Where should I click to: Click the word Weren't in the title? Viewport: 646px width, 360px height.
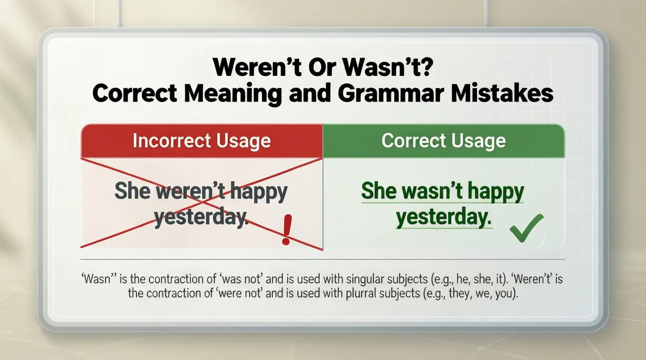(x=257, y=67)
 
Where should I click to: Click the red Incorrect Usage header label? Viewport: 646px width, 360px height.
(x=201, y=141)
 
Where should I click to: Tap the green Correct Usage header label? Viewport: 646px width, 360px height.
(x=444, y=141)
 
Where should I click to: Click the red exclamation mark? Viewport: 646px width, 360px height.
(x=287, y=230)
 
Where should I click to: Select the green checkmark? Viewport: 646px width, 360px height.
(x=526, y=228)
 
